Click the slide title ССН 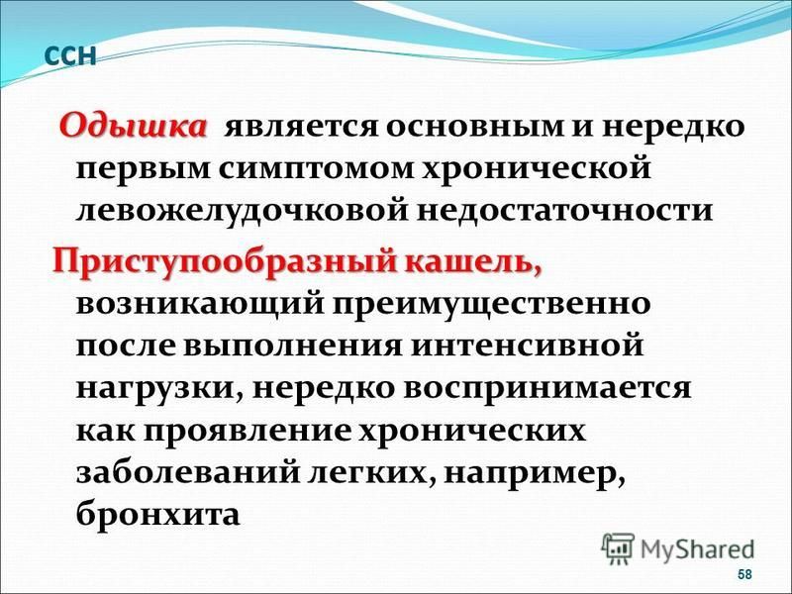click(x=69, y=55)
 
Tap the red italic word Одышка click(x=134, y=127)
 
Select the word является click(x=301, y=128)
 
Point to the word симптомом click(x=317, y=169)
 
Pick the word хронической click(x=537, y=169)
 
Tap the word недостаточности click(x=564, y=212)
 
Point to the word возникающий click(x=200, y=306)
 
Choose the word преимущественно click(x=491, y=306)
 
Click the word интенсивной click(x=527, y=347)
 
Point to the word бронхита click(x=157, y=514)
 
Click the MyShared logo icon click(x=618, y=549)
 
